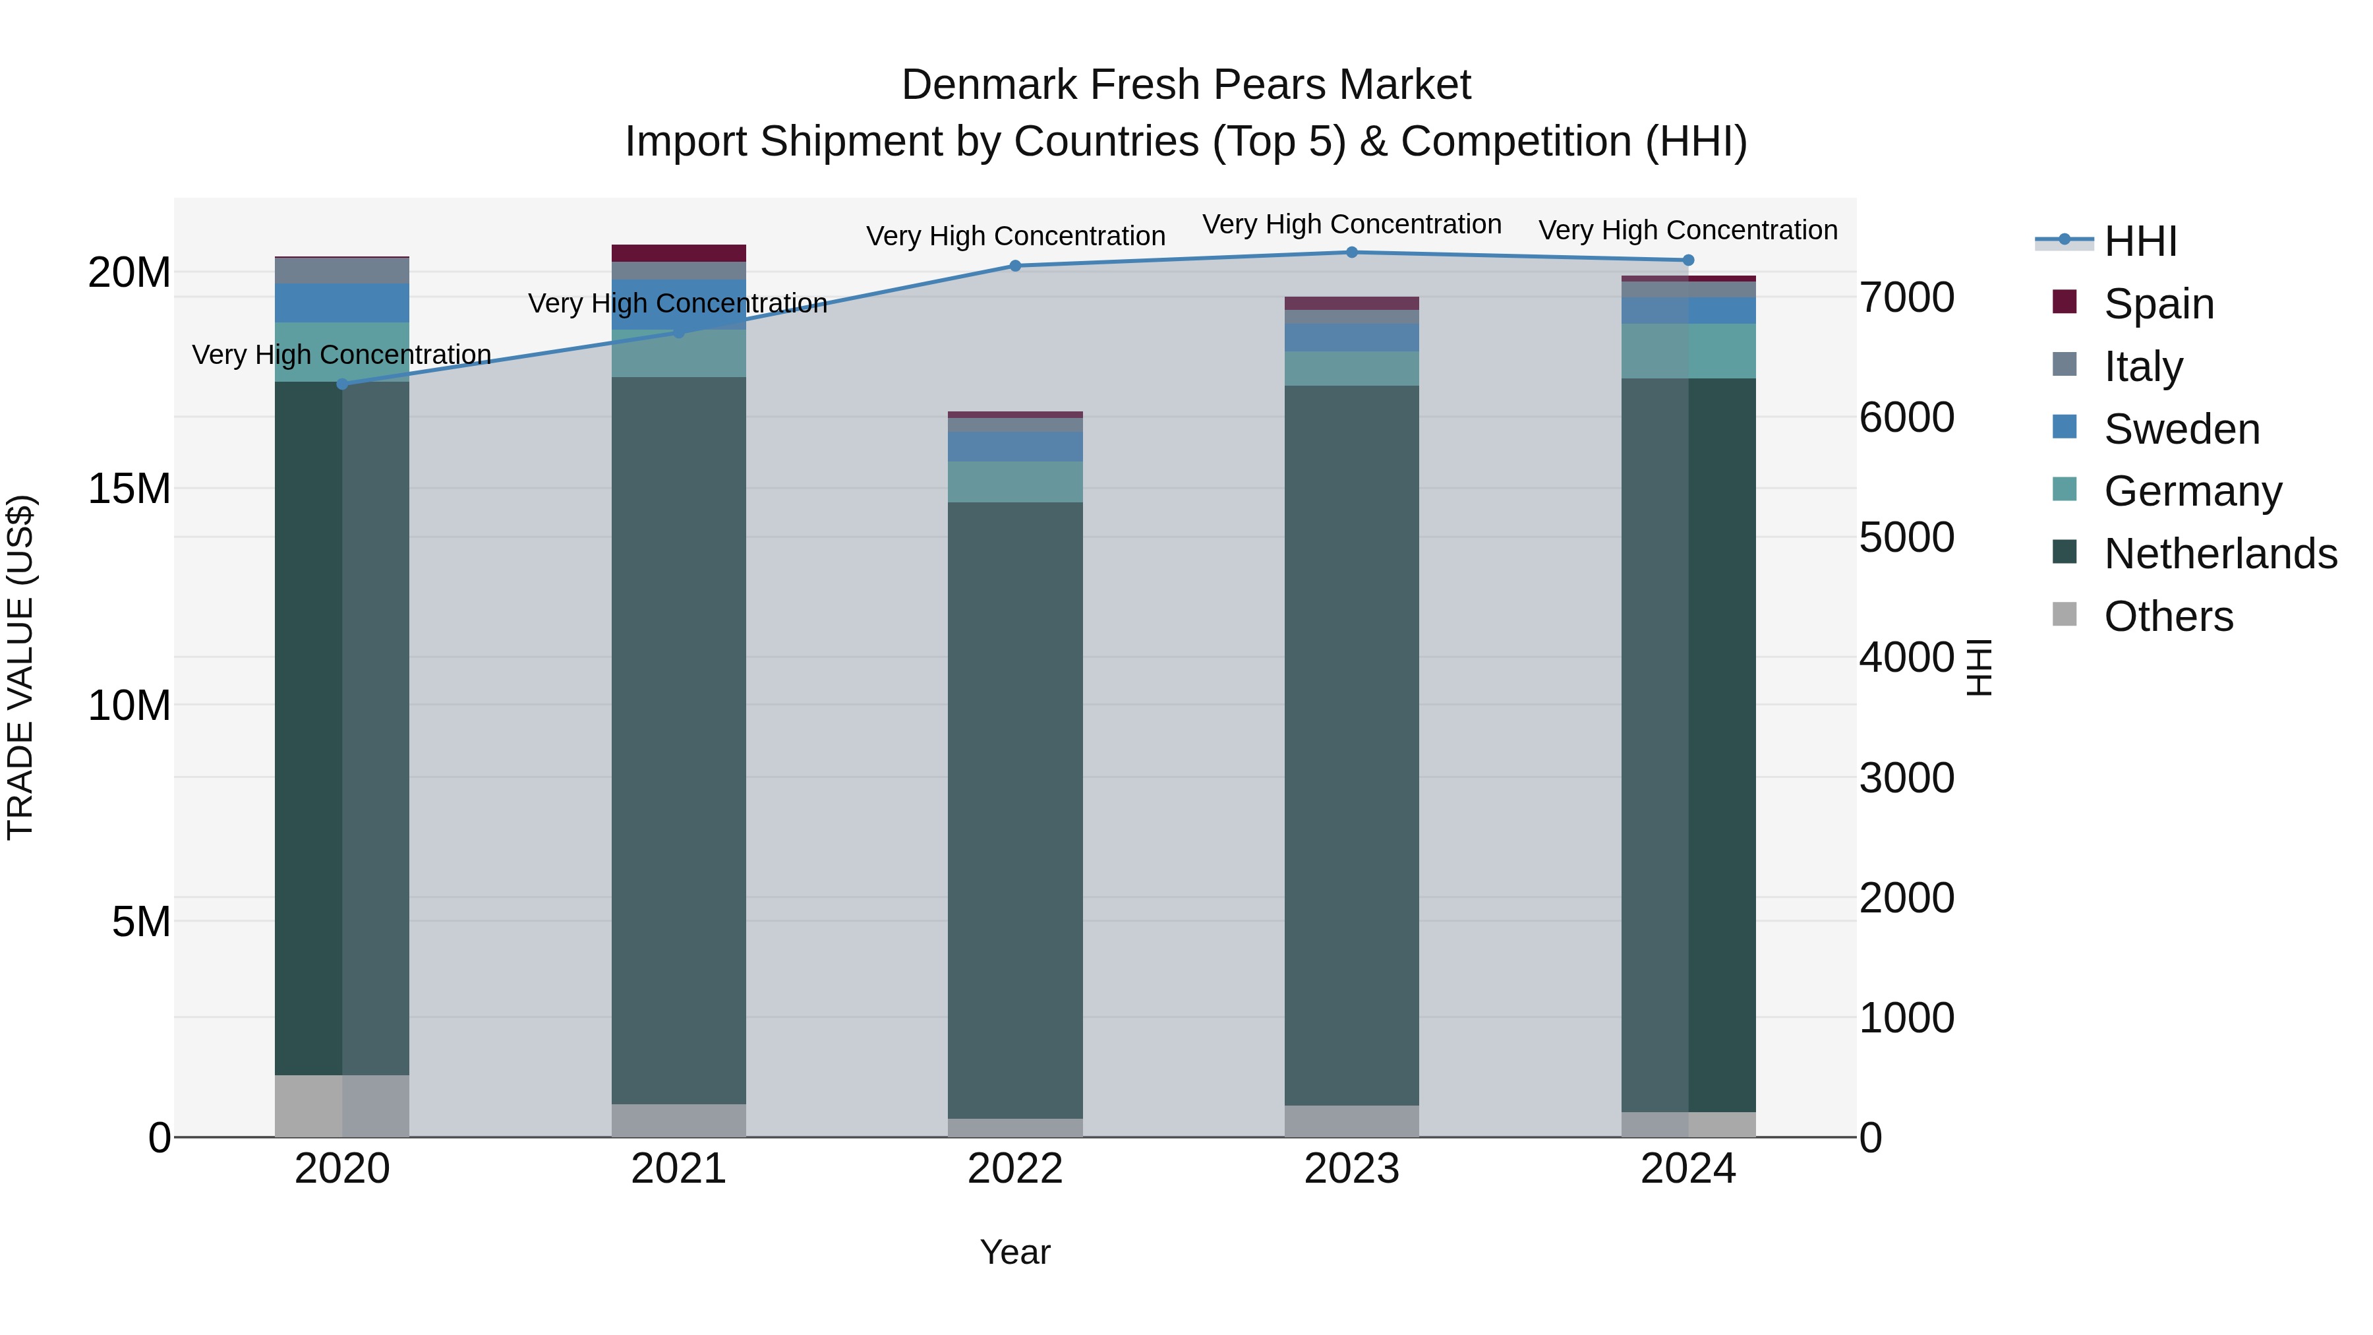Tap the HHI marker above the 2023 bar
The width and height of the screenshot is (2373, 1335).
pyautogui.click(x=1351, y=252)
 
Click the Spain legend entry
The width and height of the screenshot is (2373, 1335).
pyautogui.click(x=2158, y=303)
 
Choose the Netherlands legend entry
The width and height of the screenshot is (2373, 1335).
pyautogui.click(x=2220, y=554)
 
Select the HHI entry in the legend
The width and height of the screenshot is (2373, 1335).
pyautogui.click(x=2140, y=241)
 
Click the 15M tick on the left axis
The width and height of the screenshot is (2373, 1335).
pyautogui.click(x=129, y=489)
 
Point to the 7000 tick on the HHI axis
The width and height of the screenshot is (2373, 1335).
pyautogui.click(x=1906, y=297)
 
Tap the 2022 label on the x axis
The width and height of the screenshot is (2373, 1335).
pyautogui.click(x=1015, y=1169)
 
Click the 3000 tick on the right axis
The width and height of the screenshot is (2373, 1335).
pyautogui.click(x=1906, y=778)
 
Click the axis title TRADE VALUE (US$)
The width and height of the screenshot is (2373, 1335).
pyautogui.click(x=20, y=667)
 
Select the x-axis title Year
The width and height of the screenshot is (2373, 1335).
pyautogui.click(x=1015, y=1252)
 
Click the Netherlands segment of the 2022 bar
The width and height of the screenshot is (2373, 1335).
pyautogui.click(x=1015, y=811)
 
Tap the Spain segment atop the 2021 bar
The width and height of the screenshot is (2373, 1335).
pyautogui.click(x=679, y=253)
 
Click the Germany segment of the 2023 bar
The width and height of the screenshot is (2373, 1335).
pyautogui.click(x=1351, y=369)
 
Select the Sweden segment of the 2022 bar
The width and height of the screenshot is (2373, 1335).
pyautogui.click(x=1015, y=447)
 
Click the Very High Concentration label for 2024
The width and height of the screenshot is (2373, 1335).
pyautogui.click(x=1687, y=229)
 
